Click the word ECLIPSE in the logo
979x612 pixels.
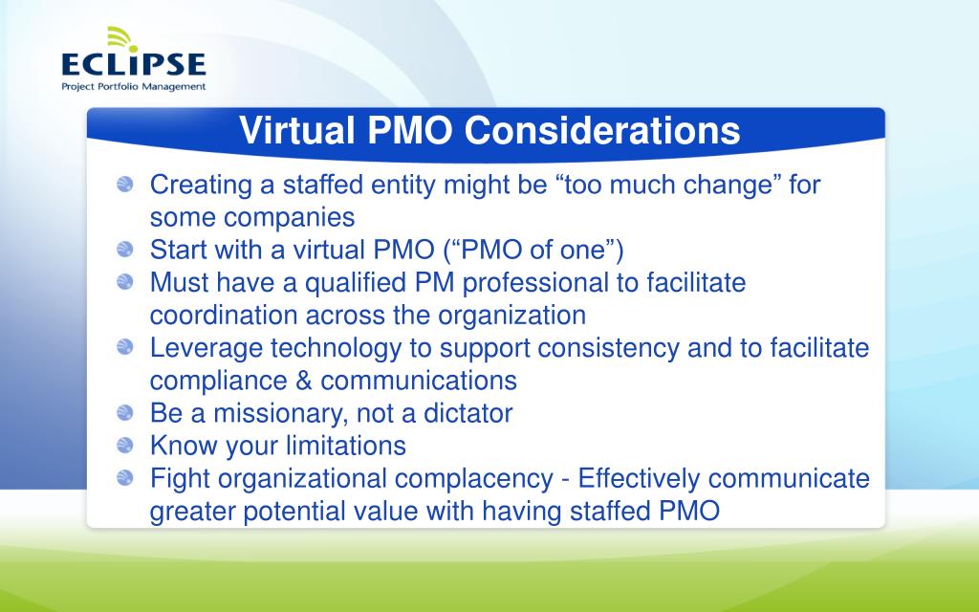tap(133, 65)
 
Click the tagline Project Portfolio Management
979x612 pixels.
tap(133, 86)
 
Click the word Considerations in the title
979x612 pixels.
tap(603, 131)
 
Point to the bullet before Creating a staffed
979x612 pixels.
tap(125, 185)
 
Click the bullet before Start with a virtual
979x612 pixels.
tap(125, 251)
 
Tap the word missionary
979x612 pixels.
tap(272, 413)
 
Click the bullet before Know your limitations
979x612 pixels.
tap(125, 446)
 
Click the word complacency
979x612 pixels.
tap(469, 478)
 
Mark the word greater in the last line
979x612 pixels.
tap(196, 511)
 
